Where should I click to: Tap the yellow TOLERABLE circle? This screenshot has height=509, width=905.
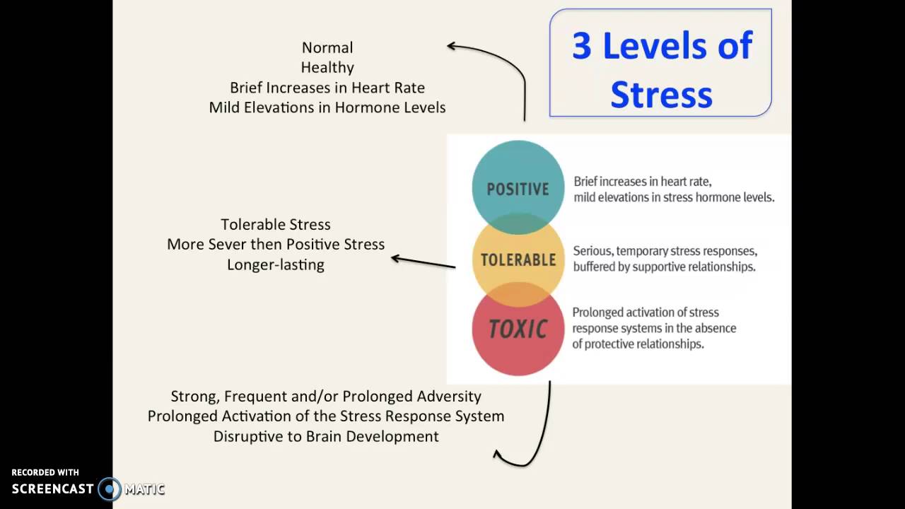coord(518,259)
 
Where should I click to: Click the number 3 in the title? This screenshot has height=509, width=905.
coord(581,46)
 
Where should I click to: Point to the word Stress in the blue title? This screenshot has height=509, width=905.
coord(661,94)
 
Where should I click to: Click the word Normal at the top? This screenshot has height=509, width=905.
coord(327,47)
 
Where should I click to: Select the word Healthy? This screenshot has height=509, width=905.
coord(327,67)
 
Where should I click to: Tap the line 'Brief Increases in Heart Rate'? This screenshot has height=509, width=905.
coord(327,88)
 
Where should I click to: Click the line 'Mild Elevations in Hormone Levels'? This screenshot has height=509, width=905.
coord(327,107)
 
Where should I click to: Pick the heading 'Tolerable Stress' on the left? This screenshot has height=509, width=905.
coord(275,224)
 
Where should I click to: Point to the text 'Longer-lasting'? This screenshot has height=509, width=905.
coord(275,264)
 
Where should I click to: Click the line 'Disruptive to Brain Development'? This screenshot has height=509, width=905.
coord(326,436)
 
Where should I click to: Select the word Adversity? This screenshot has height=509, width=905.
coord(449,396)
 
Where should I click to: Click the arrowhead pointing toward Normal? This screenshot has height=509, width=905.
coord(451,46)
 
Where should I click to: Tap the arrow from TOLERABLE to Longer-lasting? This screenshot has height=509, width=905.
coord(424,262)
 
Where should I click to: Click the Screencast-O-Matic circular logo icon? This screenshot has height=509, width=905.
coord(110,488)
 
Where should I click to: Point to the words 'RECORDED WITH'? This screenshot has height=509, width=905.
coord(45,472)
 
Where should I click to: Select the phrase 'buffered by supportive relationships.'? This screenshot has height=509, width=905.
coord(664,267)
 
